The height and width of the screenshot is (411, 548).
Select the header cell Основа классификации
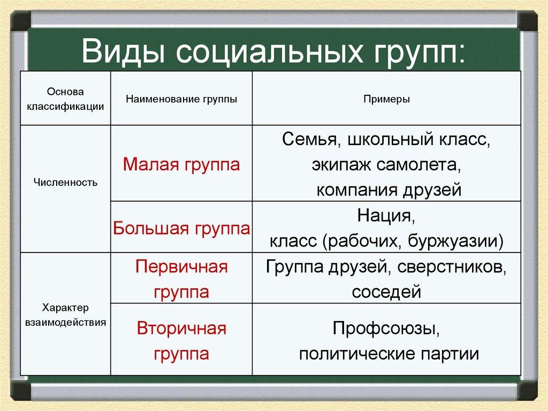coord(65,99)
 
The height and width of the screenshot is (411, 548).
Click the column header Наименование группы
coord(181,99)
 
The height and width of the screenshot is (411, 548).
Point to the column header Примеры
coord(386,99)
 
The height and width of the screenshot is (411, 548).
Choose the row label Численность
coord(65,182)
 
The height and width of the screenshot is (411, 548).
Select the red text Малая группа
coord(181,164)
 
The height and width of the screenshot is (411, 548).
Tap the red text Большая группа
coord(181,229)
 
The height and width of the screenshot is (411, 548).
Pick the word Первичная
coord(181,267)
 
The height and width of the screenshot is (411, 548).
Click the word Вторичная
coord(181,328)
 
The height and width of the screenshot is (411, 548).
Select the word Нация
coord(386,217)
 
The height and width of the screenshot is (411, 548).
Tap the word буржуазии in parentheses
coord(455,242)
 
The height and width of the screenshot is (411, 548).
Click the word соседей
coord(386,292)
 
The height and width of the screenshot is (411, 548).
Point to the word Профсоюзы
coord(386,328)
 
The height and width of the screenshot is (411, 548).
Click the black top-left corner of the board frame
coord(20,20)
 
